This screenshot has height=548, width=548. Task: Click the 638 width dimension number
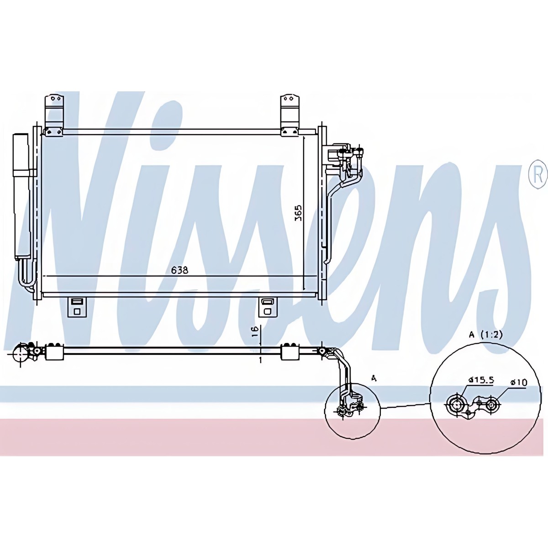(x=179, y=270)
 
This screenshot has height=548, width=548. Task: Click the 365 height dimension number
(x=298, y=213)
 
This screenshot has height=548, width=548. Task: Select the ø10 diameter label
(x=518, y=382)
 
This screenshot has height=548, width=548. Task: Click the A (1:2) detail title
(x=485, y=334)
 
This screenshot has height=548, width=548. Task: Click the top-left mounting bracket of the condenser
(x=53, y=114)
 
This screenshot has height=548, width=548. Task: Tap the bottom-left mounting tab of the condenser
(x=76, y=307)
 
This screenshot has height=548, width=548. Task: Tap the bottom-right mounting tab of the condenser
(x=267, y=307)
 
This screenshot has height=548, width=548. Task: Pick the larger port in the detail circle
(x=455, y=404)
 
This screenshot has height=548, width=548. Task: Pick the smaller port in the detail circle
(x=492, y=404)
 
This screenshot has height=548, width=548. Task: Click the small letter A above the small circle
(x=374, y=378)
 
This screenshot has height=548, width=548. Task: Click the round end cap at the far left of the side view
(x=21, y=354)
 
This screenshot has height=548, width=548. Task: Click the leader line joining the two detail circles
(x=404, y=406)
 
